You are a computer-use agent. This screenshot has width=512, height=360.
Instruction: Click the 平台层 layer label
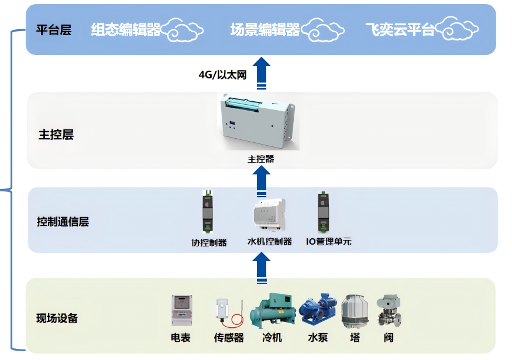coord(54,30)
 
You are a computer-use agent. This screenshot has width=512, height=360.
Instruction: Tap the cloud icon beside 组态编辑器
coord(183,29)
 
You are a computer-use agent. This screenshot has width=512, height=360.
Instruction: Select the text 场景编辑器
coord(265,29)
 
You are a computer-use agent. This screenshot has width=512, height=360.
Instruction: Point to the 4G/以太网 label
coord(223,74)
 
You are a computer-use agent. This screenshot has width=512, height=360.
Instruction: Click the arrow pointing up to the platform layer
coord(262,73)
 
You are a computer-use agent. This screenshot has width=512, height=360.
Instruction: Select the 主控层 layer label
coord(56,135)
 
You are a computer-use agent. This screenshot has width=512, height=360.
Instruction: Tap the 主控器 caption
coord(261,159)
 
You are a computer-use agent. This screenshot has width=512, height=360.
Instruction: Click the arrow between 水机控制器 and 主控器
coord(262,181)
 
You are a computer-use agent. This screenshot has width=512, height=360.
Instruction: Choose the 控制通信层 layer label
coord(63,222)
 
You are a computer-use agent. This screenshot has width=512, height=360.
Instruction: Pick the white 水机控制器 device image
coord(269,216)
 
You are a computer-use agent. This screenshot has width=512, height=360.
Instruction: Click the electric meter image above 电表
coord(181,310)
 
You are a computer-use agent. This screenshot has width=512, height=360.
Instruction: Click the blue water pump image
coord(318,310)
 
